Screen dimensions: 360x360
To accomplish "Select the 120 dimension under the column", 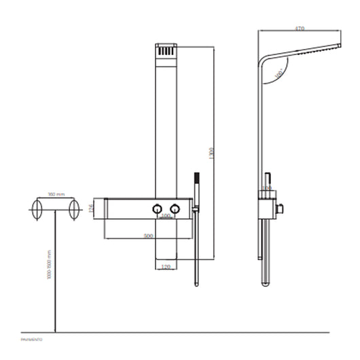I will click(164, 267).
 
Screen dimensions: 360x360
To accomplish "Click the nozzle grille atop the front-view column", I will click(166, 52).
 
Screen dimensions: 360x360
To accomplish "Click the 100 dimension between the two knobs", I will click(165, 216).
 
